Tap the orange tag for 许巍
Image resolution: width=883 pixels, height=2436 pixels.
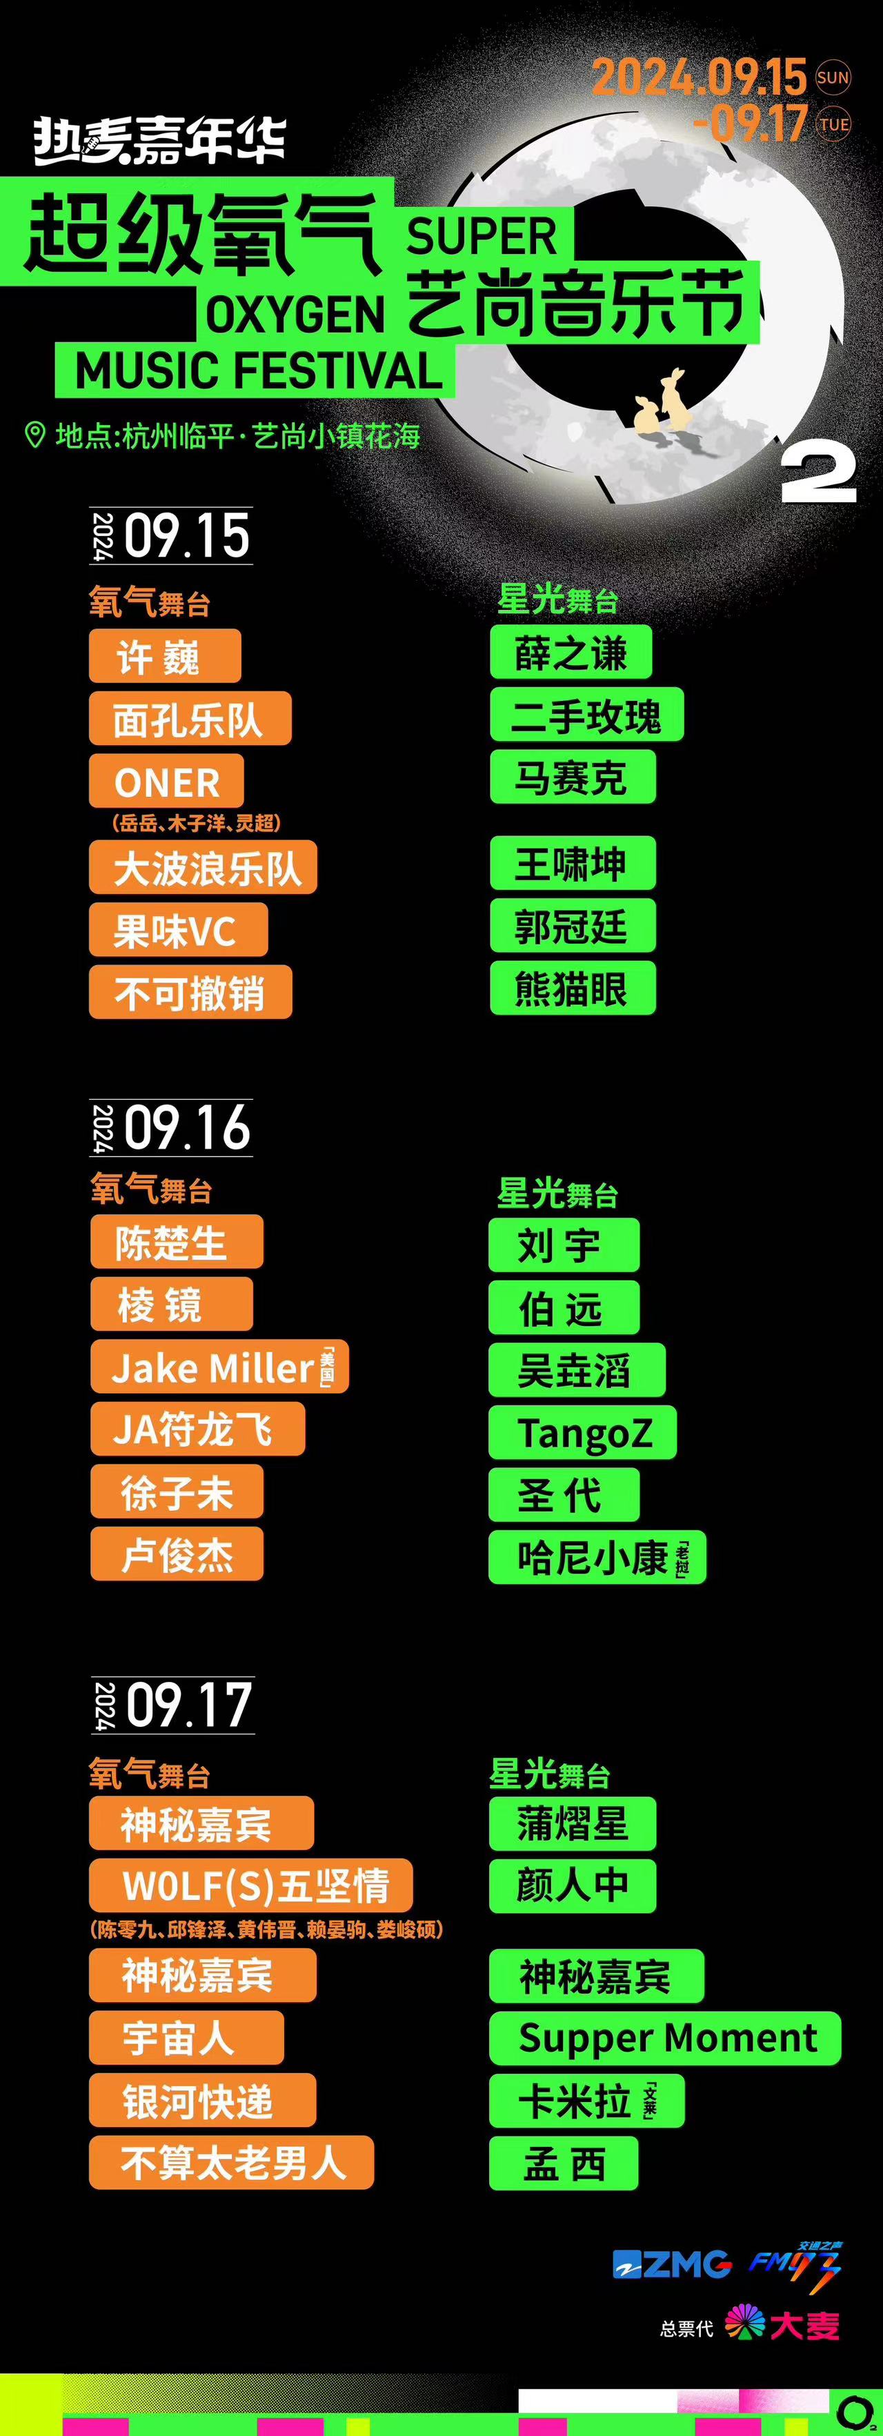click(x=164, y=656)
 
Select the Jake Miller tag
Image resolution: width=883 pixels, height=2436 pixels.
click(x=219, y=1367)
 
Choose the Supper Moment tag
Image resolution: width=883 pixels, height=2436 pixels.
click(x=664, y=2038)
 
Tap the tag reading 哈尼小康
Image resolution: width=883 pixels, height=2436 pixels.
click(x=597, y=1556)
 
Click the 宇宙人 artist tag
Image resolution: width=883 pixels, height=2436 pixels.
click(x=186, y=2038)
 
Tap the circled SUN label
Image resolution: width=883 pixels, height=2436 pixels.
click(x=833, y=77)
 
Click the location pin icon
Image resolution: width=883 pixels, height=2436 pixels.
click(x=35, y=435)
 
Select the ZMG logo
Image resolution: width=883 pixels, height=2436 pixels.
click(x=671, y=2265)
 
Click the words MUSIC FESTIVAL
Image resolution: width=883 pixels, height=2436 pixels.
click(x=257, y=370)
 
